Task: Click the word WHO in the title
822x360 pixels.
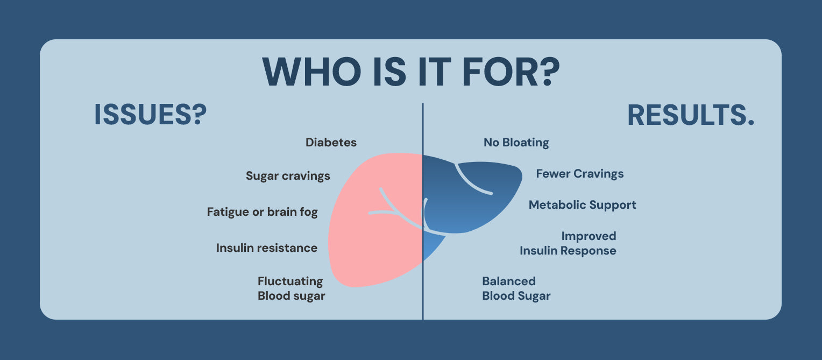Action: tap(311, 72)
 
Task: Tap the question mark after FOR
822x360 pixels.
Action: tap(547, 72)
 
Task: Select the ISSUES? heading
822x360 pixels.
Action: tap(151, 115)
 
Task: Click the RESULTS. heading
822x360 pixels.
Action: tap(691, 115)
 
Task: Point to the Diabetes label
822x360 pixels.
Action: tap(331, 143)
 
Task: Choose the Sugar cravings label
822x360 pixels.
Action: tap(288, 176)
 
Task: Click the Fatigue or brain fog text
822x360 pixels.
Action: tap(263, 211)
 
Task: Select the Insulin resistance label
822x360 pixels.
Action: tap(267, 248)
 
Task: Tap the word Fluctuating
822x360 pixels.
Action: tap(290, 281)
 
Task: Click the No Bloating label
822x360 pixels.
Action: tap(516, 143)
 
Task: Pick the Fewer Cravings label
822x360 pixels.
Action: tap(580, 174)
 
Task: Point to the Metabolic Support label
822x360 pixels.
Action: tap(583, 205)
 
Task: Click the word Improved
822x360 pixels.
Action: tap(589, 236)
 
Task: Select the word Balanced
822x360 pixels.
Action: tap(509, 281)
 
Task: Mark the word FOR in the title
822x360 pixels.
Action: tap(496, 72)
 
